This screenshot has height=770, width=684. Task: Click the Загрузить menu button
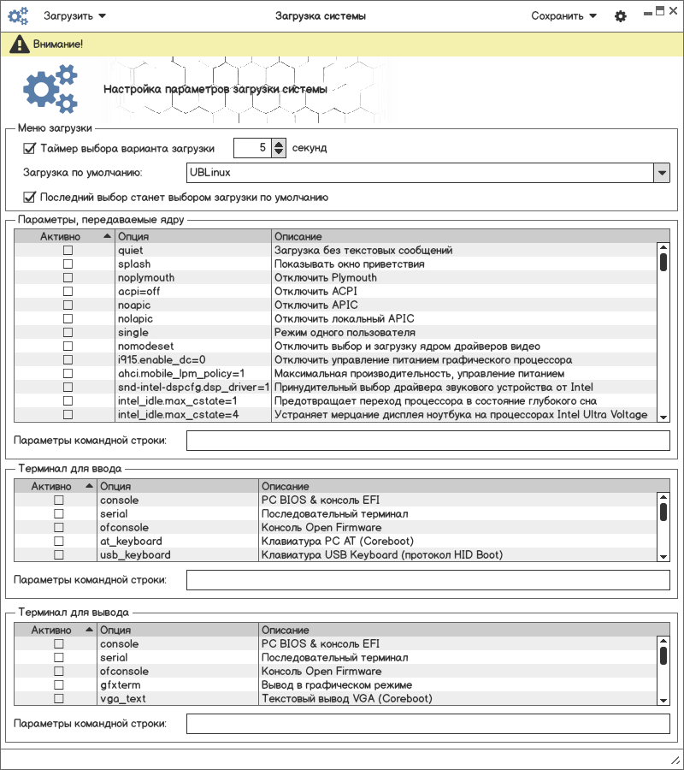[x=74, y=15]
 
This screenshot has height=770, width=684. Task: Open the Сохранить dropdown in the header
[x=563, y=15]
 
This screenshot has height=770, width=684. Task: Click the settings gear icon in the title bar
[x=621, y=16]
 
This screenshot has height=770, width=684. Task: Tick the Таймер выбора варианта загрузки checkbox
[x=30, y=148]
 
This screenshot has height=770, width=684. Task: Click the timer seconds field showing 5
[x=252, y=148]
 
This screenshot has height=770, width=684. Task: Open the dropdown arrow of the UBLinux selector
[x=661, y=173]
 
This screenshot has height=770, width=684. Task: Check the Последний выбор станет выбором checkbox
[x=30, y=197]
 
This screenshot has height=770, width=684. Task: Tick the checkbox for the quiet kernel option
[x=68, y=251]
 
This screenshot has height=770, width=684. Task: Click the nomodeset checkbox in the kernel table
[x=68, y=346]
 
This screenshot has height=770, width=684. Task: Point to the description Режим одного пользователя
[x=345, y=333]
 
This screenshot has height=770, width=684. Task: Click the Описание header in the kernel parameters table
[x=298, y=236]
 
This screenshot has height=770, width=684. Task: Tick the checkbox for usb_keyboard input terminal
[x=59, y=555]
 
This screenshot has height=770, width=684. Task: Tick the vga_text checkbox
[x=59, y=699]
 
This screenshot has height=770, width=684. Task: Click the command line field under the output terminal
[x=427, y=724]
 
